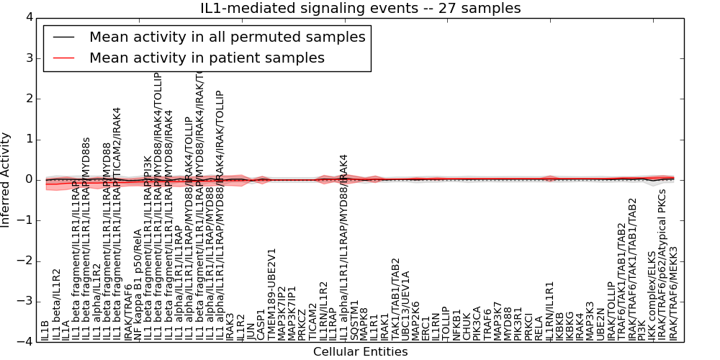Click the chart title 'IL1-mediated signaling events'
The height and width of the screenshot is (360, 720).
[360, 8]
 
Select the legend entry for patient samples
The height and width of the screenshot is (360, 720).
[207, 58]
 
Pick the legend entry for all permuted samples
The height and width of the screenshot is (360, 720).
[227, 37]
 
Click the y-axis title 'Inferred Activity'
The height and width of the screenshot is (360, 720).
[6, 179]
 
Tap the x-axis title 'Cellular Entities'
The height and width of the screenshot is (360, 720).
[360, 352]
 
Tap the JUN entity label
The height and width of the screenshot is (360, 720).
[251, 332]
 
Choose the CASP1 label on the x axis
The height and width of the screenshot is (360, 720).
[261, 325]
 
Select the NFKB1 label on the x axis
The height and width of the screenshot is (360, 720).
[456, 324]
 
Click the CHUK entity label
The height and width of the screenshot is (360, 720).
[467, 327]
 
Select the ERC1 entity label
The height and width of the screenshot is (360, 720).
[426, 328]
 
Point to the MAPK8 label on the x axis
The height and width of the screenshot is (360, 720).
[364, 323]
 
